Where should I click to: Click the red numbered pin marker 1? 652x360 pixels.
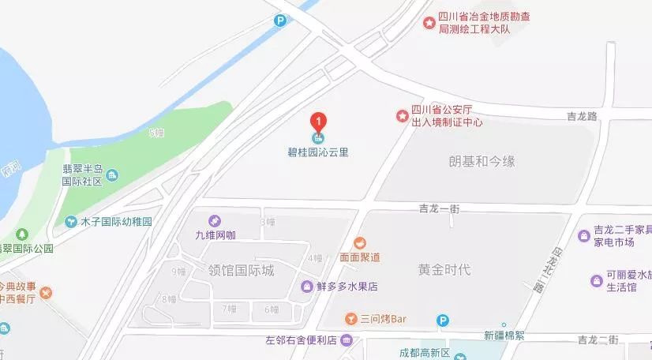(318, 122)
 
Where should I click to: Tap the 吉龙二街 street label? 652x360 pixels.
(597, 339)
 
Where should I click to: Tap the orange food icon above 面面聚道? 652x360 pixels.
(360, 242)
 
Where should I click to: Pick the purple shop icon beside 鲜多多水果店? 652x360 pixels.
(307, 286)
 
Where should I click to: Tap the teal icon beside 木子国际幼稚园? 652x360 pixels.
(72, 222)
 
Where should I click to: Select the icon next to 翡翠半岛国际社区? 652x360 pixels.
(112, 174)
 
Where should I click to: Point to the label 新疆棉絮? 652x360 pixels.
(504, 335)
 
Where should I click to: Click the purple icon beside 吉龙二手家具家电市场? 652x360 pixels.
(584, 234)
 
